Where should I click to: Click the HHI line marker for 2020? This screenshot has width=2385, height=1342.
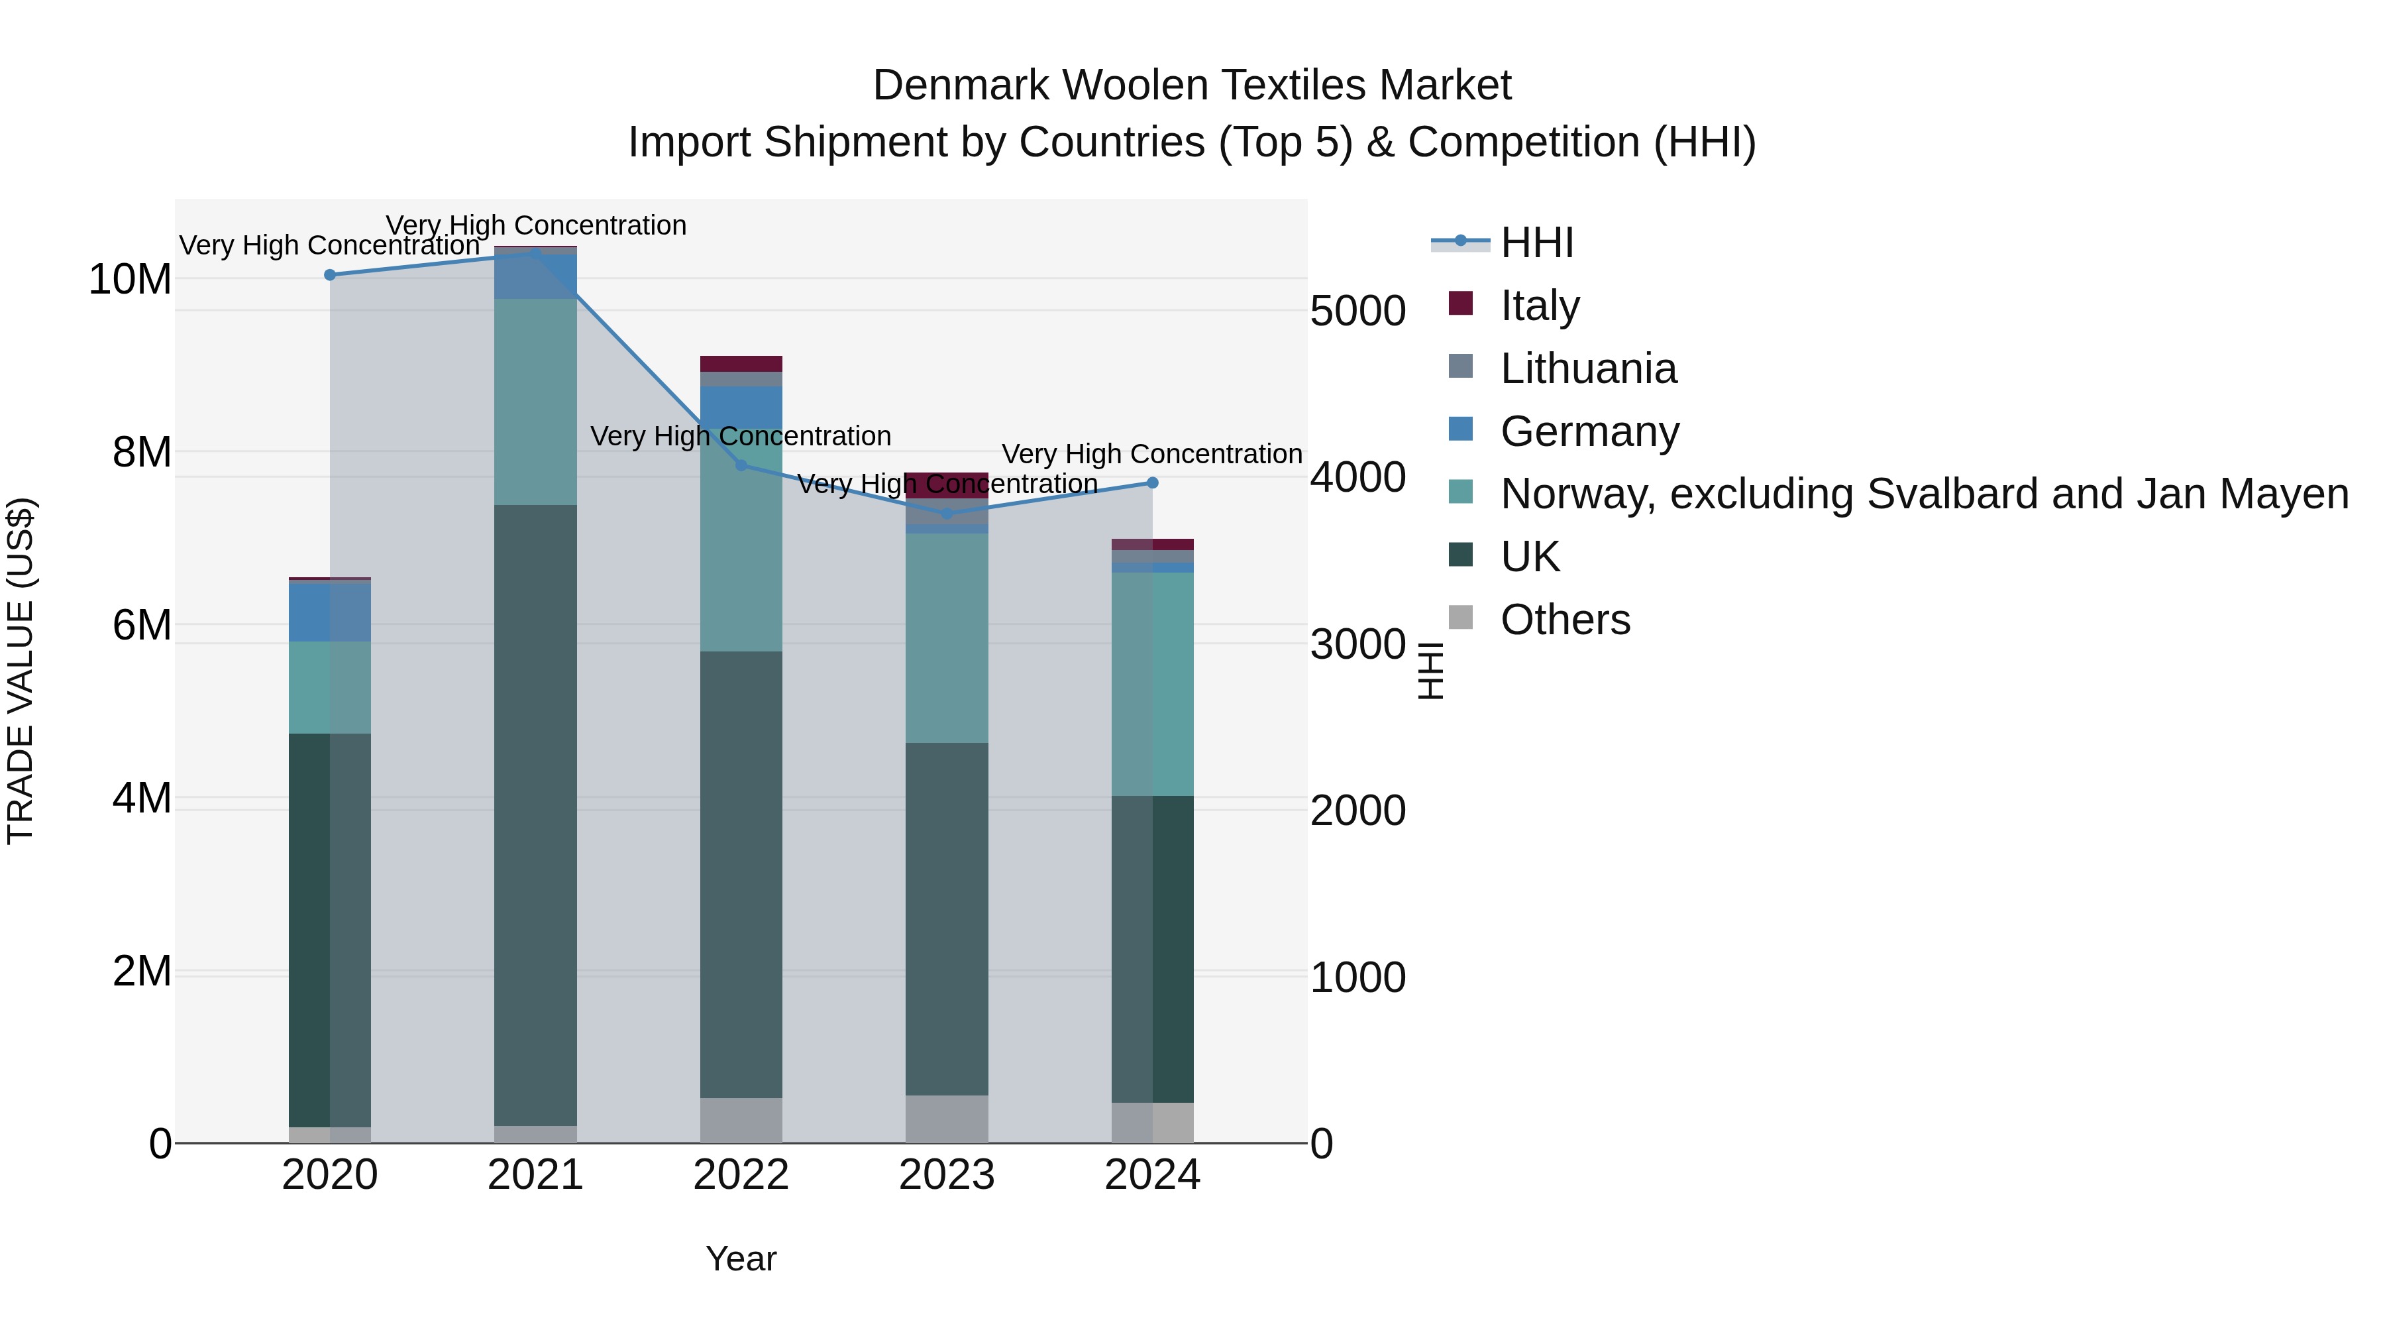330,275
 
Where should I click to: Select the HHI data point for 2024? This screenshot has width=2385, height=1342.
1152,482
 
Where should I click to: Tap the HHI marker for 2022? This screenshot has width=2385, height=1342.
741,465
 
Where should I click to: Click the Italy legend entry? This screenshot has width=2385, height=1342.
1539,305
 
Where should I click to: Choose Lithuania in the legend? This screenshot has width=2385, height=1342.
1587,368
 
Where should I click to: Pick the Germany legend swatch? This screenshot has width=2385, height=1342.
1460,429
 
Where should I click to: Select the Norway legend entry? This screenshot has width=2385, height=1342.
1923,494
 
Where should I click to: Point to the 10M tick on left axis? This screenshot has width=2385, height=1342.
130,279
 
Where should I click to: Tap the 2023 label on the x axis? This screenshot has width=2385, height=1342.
946,1175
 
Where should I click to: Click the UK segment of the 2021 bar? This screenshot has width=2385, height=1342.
535,815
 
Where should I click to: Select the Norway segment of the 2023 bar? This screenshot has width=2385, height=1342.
946,638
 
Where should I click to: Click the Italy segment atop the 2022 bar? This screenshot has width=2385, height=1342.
741,363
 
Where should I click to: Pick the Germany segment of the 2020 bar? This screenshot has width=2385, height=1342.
330,611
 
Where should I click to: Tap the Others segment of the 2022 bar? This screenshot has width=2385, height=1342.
741,1120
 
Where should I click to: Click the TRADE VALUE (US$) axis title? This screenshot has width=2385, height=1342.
21,671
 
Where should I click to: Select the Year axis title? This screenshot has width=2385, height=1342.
741,1258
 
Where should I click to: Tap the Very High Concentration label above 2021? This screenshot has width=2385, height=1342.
535,225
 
